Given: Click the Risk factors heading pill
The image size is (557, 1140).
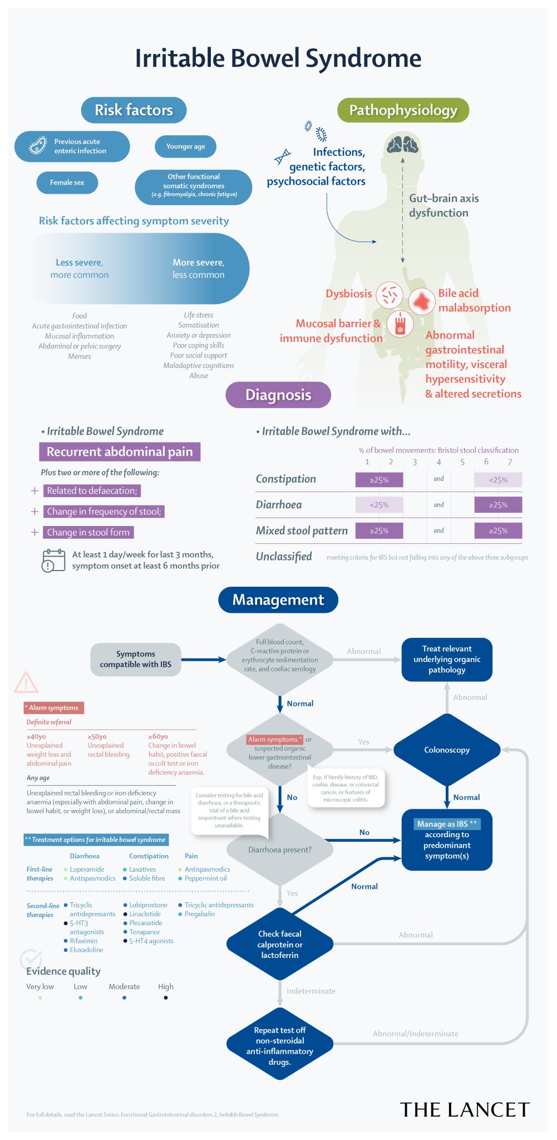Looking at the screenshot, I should point(134,110).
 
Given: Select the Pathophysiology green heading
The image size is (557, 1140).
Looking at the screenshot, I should point(403,110).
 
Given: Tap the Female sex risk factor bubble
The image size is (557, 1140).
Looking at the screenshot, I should point(67,183).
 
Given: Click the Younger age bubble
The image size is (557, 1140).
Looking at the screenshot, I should point(185,146).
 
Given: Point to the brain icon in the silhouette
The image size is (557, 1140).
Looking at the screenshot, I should point(402,145).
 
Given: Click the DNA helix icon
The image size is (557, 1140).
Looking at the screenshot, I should point(282,156).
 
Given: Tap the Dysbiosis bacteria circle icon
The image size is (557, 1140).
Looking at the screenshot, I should point(390,294).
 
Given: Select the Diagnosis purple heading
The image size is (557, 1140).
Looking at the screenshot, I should point(278,395).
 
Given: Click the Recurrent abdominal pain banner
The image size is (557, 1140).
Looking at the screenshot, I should point(120,451).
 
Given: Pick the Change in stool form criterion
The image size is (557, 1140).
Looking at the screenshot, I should point(88,532).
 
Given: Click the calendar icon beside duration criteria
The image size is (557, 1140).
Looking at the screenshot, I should point(53,560).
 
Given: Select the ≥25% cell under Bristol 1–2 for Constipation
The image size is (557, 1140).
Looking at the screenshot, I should point(379,480).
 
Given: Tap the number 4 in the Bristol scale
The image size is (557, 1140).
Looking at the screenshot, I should point(438,462).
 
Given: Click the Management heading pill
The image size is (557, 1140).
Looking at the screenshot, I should point(278,600).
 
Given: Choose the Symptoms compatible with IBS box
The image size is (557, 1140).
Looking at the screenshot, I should point(136,659).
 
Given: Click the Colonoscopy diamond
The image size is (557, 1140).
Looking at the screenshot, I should point(447,750).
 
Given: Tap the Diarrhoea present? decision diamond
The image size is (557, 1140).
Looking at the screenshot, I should point(280,849).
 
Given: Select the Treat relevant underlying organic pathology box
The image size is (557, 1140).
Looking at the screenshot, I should point(447,659).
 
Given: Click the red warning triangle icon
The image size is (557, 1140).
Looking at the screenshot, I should point(26,682).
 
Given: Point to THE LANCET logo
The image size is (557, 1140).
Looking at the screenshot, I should point(465,1109).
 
